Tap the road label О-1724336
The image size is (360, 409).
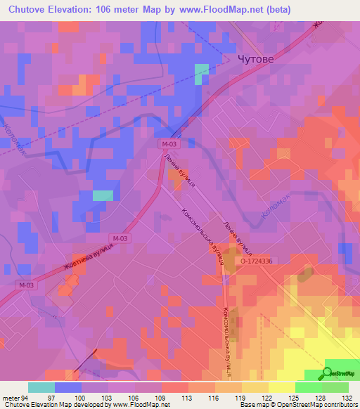[x=260, y=260]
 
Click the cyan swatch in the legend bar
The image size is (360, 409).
[x=41, y=388]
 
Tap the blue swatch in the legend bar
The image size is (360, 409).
[x=68, y=388]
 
